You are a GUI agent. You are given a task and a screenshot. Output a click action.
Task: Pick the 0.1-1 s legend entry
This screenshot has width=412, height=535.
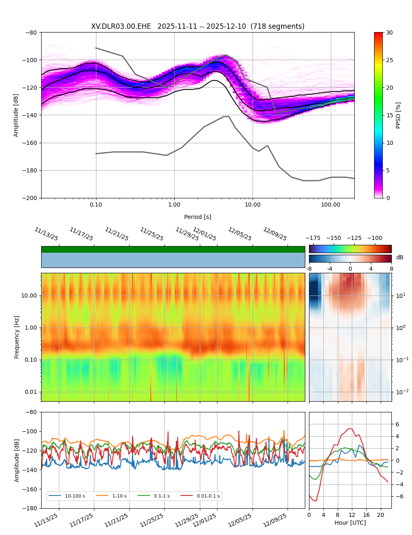pos(162,496)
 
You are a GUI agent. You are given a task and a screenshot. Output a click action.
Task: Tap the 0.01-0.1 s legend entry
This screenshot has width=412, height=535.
pos(208,496)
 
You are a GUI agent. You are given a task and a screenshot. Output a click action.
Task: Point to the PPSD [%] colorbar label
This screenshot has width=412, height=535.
pos(398,115)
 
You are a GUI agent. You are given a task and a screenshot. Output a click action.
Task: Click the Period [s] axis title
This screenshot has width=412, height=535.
pos(198,217)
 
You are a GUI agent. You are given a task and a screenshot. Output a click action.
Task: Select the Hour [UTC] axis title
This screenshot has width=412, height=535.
pos(350,523)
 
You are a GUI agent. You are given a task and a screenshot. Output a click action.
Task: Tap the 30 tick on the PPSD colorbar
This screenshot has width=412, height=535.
pos(389,33)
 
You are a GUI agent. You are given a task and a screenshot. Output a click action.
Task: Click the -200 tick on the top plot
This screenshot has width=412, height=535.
pos(31,198)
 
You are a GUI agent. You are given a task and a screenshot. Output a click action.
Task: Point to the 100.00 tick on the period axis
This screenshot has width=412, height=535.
pos(331,205)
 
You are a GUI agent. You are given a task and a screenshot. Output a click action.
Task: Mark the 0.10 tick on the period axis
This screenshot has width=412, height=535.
pos(96,205)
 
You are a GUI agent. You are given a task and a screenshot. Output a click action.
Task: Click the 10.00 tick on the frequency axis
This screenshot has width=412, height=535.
pos(29,295)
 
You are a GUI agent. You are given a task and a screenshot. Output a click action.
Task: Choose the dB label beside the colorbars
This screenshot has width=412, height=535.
pos(400,258)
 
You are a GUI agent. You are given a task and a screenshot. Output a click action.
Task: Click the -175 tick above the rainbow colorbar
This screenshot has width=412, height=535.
pos(313,238)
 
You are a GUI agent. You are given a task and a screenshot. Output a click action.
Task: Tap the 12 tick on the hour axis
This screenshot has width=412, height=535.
pos(352,515)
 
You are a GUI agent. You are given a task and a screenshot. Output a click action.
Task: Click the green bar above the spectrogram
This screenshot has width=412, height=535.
pos(173,249)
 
